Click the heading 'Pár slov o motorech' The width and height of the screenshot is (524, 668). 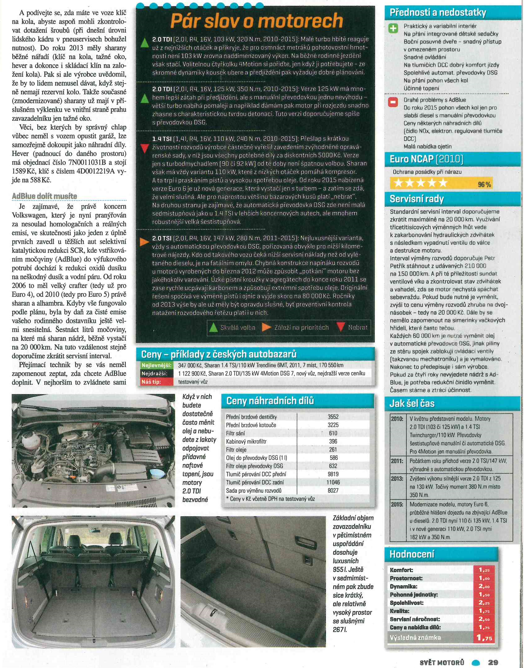(x=257, y=21)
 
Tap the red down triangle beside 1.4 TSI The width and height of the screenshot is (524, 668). (x=144, y=148)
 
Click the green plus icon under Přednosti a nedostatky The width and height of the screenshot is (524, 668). (x=393, y=29)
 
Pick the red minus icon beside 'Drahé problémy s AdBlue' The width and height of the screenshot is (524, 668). (x=393, y=102)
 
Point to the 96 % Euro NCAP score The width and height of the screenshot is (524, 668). (x=484, y=185)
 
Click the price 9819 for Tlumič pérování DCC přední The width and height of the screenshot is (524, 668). (x=333, y=474)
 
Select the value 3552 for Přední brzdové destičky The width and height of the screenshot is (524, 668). (x=333, y=417)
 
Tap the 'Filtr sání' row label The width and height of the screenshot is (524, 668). (x=235, y=433)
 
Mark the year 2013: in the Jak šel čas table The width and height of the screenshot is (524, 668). (x=397, y=479)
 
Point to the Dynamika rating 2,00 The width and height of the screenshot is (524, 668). (x=484, y=586)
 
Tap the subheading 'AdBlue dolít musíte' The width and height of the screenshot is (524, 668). (x=44, y=196)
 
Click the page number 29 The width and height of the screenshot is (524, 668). (x=493, y=662)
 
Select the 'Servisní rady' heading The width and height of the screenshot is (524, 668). (x=417, y=199)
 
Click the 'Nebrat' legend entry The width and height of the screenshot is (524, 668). (x=358, y=327)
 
